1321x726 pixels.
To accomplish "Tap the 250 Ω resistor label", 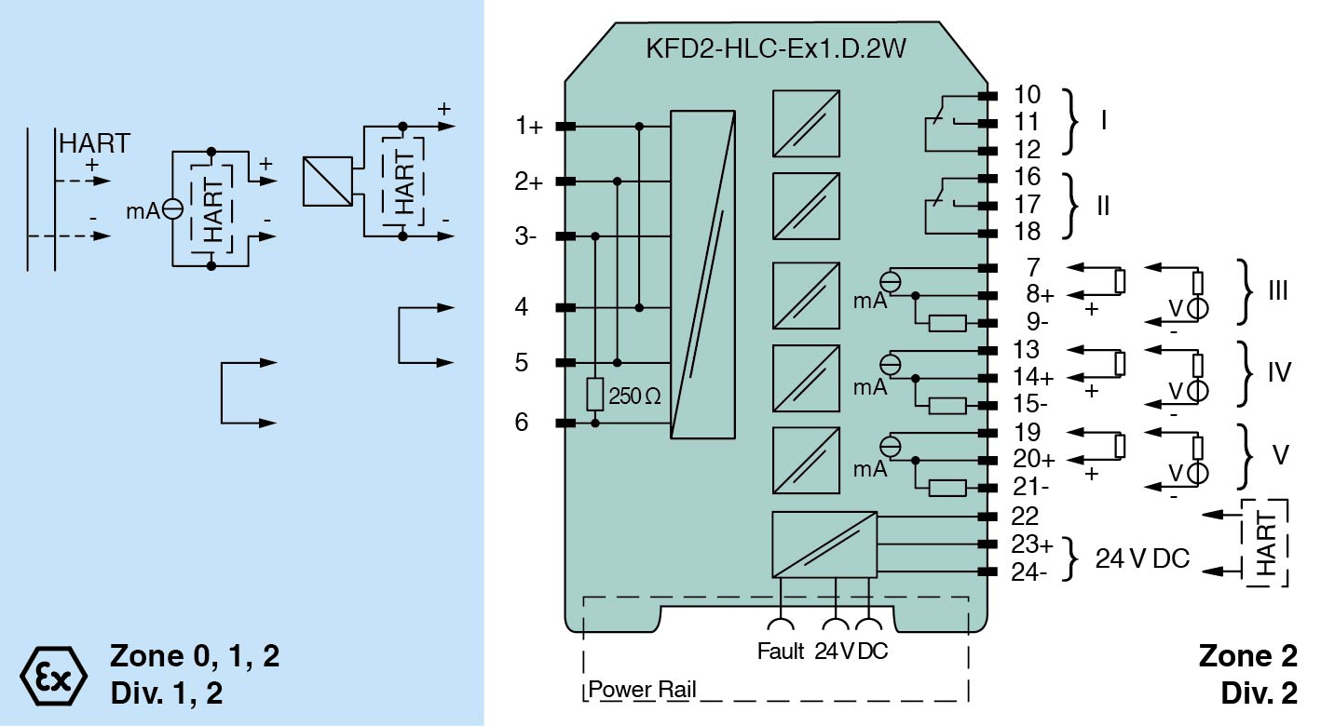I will pyautogui.click(x=634, y=397).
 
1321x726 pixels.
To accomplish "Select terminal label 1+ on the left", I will pyautogui.click(x=529, y=127).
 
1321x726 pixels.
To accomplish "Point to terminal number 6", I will pyautogui.click(x=522, y=423).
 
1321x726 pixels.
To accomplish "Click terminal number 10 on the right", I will pyautogui.click(x=1026, y=95).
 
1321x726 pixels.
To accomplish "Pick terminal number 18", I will pyautogui.click(x=1026, y=232).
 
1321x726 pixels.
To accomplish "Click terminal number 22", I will pyautogui.click(x=1026, y=517).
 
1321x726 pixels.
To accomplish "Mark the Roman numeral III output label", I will pyautogui.click(x=1277, y=291).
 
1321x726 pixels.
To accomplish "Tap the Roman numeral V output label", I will pyautogui.click(x=1280, y=457).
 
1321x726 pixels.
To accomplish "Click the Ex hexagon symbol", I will pyautogui.click(x=53, y=671).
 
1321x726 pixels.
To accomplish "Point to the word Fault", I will pyautogui.click(x=781, y=652).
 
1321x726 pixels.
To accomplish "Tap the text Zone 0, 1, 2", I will pyautogui.click(x=194, y=656).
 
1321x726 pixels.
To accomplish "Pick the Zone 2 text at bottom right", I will pyautogui.click(x=1247, y=656).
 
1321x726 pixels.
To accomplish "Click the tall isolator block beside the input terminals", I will pyautogui.click(x=704, y=274).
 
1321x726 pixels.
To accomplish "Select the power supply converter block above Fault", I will pyautogui.click(x=824, y=544).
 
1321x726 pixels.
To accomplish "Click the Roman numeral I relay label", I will pyautogui.click(x=1104, y=121).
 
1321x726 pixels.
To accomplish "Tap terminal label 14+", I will pyautogui.click(x=1032, y=378).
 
